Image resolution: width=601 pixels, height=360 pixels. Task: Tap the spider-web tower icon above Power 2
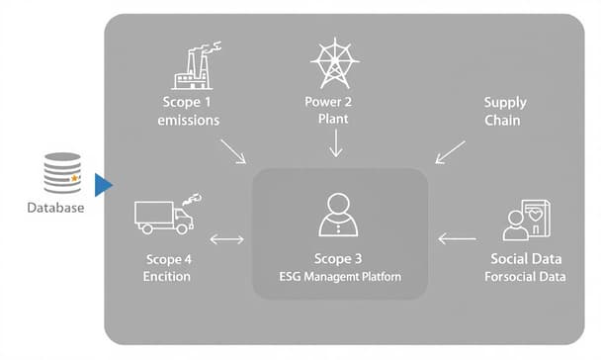coord(335,63)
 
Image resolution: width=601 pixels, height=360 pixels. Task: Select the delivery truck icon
coord(162,215)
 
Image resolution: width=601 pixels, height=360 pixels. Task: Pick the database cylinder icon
coord(62,172)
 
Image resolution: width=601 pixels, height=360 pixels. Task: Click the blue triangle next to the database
coord(103,184)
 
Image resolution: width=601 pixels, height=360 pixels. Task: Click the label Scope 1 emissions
coord(189,111)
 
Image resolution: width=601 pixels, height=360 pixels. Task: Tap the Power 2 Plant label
coord(335,111)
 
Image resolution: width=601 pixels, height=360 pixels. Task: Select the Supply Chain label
coord(505,111)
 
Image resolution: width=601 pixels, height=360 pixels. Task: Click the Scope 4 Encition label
coord(166,267)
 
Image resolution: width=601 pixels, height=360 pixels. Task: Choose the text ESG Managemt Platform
coord(340,276)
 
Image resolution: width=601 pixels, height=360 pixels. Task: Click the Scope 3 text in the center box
coord(340,257)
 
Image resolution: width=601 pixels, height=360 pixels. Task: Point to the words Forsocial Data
coord(526,276)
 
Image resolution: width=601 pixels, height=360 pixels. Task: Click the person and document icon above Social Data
coord(527,221)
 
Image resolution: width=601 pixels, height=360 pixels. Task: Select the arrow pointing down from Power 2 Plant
coord(335,143)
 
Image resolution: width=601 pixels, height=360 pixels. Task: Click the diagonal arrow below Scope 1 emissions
coord(234,151)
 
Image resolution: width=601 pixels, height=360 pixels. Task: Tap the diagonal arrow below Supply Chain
coord(450,151)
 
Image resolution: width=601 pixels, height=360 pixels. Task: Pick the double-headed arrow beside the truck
coord(226,238)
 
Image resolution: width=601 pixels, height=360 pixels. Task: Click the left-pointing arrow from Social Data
coord(457,238)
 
